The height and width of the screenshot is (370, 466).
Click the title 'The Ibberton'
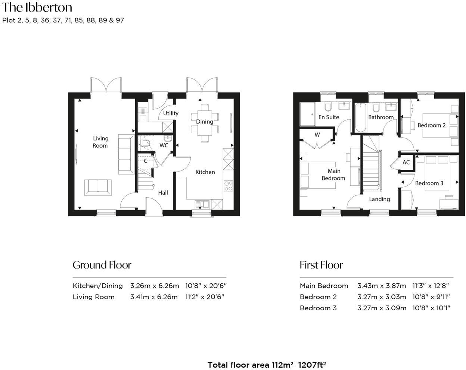pos(37,7)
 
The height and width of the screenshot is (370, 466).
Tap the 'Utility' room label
pos(171,113)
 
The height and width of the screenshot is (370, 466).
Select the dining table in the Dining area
pos(204,122)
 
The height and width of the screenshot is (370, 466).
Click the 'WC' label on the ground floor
pos(164,145)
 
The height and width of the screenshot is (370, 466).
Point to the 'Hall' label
pos(163,192)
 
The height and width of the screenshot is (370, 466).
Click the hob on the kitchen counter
pos(228,186)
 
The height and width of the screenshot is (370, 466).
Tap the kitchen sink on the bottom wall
pos(202,204)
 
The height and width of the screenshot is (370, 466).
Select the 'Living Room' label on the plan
pos(100,142)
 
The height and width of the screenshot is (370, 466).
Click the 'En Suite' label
pos(329,117)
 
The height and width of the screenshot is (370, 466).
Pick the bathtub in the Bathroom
pos(360,117)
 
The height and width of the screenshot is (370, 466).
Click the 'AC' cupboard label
pos(406,162)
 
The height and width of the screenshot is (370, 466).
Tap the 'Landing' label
pos(379,199)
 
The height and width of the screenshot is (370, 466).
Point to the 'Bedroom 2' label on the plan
pos(431,125)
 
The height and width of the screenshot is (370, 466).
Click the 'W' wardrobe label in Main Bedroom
pos(317,135)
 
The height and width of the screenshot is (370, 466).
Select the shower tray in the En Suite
pos(307,115)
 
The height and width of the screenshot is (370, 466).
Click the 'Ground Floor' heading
pos(102,265)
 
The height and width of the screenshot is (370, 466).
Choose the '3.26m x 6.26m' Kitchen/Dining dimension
pos(154,286)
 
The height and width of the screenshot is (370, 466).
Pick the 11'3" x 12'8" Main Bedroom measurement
pos(431,286)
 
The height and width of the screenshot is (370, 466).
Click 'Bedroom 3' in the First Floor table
pos(318,308)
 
